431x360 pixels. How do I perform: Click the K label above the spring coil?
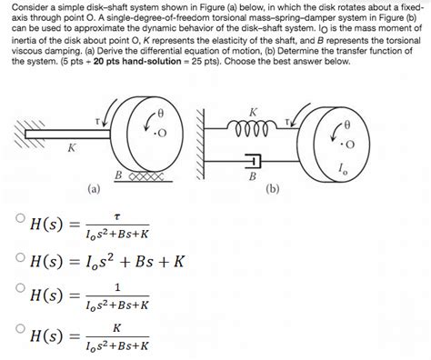pos(253,111)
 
